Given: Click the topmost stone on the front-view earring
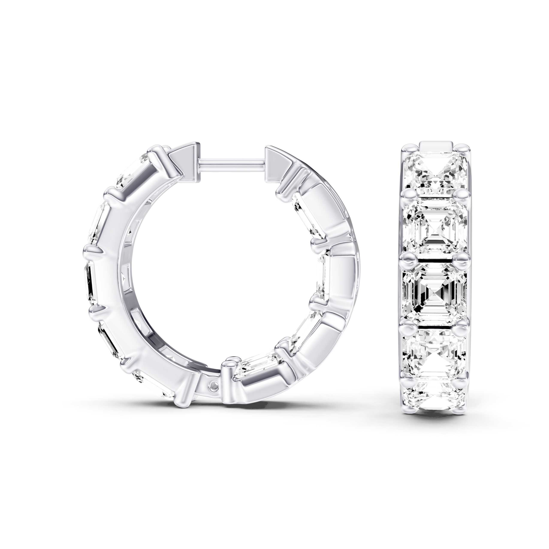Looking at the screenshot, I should [435, 172].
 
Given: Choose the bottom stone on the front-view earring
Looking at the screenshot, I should [435, 394].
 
